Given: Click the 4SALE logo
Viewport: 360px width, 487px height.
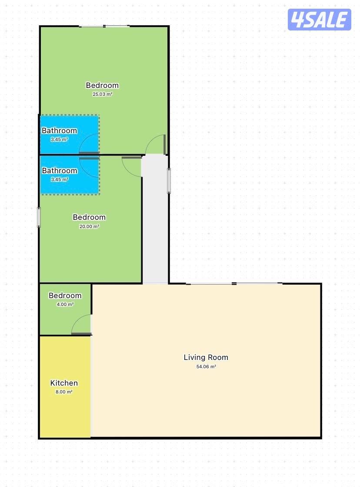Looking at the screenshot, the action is pos(319,20).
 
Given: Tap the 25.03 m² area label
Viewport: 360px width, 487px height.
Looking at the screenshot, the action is pos(103,94).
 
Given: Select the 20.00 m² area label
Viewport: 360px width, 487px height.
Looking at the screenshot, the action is pos(89,226).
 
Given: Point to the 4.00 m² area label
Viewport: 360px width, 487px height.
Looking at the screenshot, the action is pos(65,304).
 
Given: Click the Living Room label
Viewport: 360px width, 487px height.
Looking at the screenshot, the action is pos(206,357).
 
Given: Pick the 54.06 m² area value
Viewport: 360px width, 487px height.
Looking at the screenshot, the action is pos(206,366).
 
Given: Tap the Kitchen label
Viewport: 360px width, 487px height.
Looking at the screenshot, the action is pos(64,383).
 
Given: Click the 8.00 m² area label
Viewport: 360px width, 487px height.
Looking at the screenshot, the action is pos(64,392).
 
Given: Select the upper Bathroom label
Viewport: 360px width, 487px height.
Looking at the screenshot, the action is pos(59,131).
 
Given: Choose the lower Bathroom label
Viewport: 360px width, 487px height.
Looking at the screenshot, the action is pos(59,171).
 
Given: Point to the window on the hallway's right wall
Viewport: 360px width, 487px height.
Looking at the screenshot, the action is pos(169,181).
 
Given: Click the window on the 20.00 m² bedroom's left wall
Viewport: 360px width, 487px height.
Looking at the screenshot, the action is pos(39,218).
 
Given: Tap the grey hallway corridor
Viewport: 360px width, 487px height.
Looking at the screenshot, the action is pos(155,219).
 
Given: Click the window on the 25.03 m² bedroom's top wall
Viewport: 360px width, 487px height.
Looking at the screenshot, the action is pos(104,26).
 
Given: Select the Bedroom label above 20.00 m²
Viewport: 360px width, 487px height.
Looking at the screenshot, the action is pos(89,217).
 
